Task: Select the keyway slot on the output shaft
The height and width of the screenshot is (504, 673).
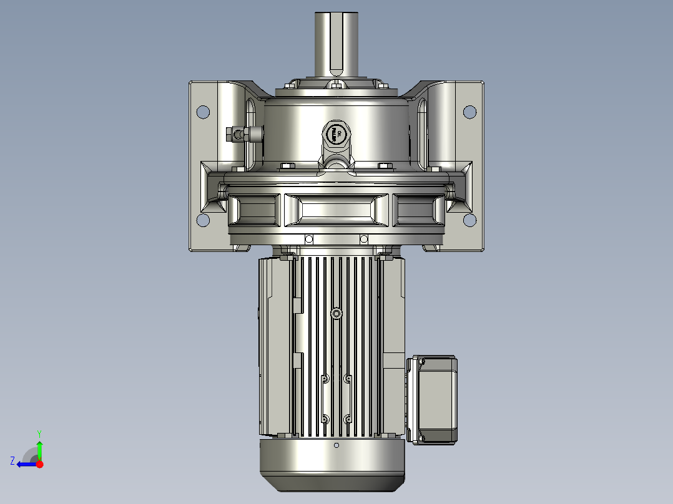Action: click(336, 47)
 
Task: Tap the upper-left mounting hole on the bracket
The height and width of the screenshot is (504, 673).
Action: click(203, 112)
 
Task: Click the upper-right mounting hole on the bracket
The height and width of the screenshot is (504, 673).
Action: click(469, 112)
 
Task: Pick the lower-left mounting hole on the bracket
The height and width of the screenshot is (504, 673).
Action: click(203, 220)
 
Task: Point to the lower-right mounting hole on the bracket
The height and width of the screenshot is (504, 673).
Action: click(469, 220)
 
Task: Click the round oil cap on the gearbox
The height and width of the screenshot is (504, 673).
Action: click(336, 133)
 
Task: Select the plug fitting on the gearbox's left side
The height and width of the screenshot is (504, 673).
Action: click(240, 133)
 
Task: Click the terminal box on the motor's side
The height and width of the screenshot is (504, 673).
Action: click(433, 400)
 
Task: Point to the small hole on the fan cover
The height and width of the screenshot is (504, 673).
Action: click(336, 445)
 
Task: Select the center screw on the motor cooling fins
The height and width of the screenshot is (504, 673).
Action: click(337, 313)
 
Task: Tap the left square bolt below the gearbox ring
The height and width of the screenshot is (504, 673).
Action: click(308, 238)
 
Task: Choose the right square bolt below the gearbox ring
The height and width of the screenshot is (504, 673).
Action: click(364, 238)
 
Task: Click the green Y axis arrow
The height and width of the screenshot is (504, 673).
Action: click(39, 448)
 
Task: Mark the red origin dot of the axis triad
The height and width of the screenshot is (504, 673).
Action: click(39, 464)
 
